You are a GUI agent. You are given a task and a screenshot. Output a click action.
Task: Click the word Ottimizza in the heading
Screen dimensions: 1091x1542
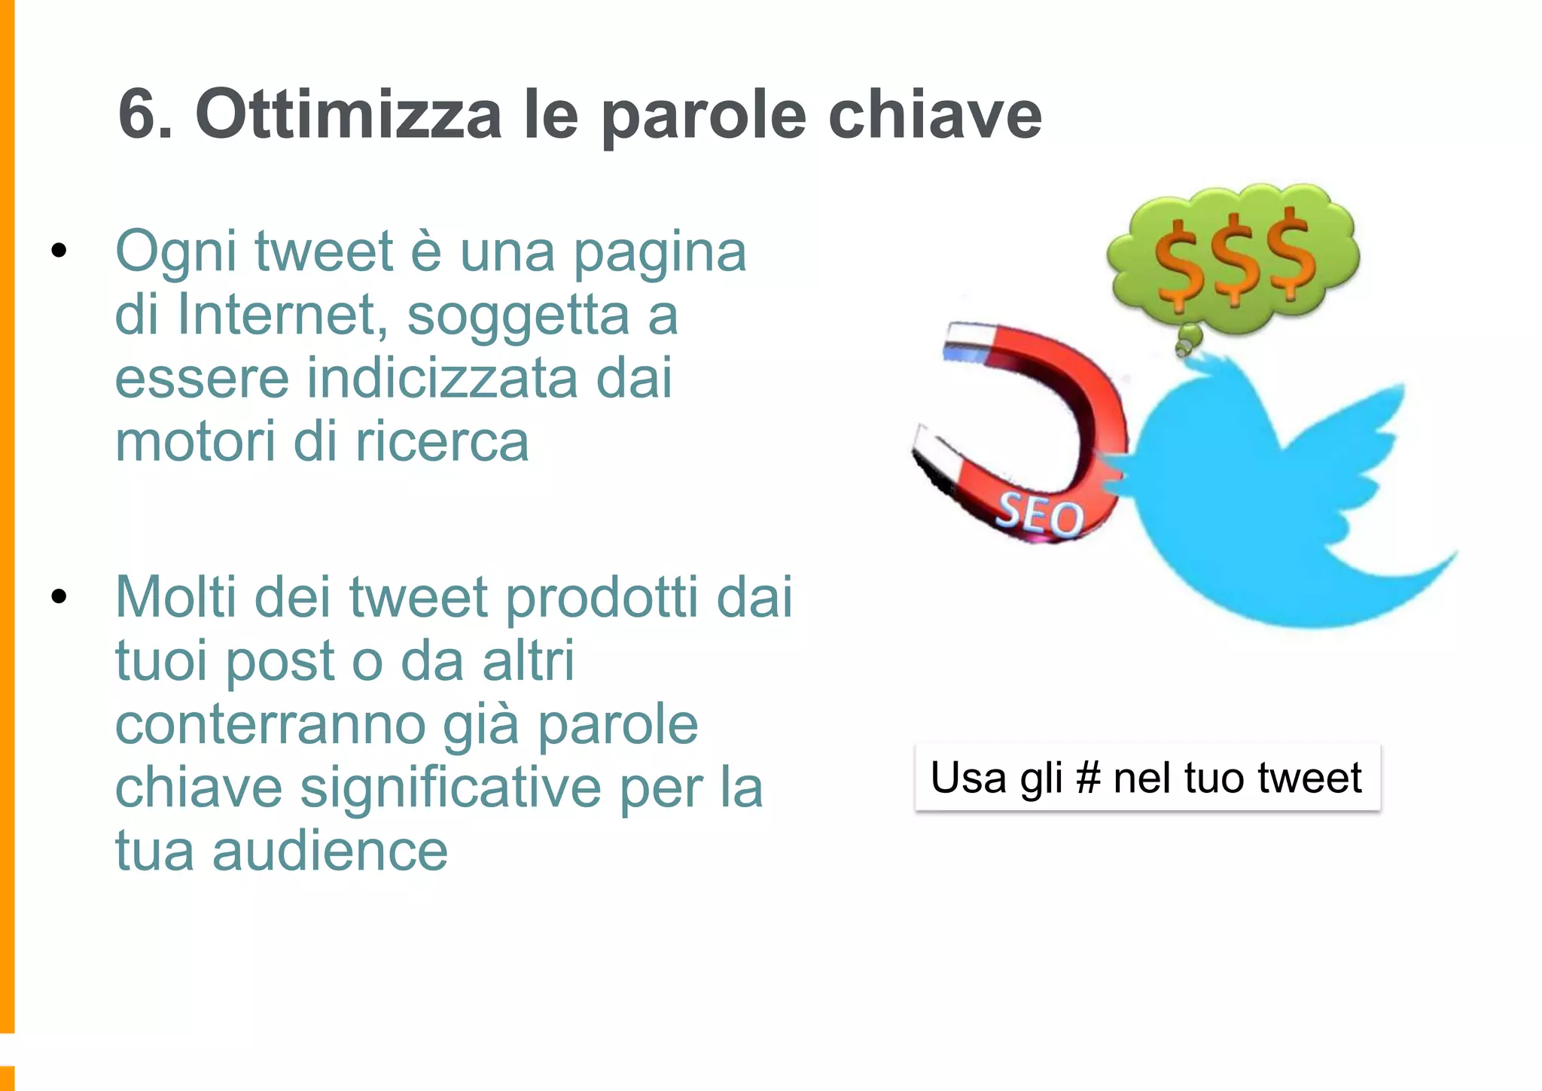pyautogui.click(x=348, y=114)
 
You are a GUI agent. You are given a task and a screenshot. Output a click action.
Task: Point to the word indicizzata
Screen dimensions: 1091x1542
pyautogui.click(x=443, y=378)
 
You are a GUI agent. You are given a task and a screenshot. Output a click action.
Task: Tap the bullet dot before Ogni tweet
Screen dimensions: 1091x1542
pyautogui.click(x=59, y=251)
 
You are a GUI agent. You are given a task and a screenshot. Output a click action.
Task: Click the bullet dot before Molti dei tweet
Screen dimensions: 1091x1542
pyautogui.click(x=59, y=597)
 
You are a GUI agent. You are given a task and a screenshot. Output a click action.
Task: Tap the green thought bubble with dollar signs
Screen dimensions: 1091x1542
pyautogui.click(x=1233, y=260)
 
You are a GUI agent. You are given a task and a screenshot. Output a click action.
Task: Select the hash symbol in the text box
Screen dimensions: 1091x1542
pyautogui.click(x=1088, y=778)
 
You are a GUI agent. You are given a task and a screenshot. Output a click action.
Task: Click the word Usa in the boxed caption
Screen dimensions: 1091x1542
pyautogui.click(x=969, y=778)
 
